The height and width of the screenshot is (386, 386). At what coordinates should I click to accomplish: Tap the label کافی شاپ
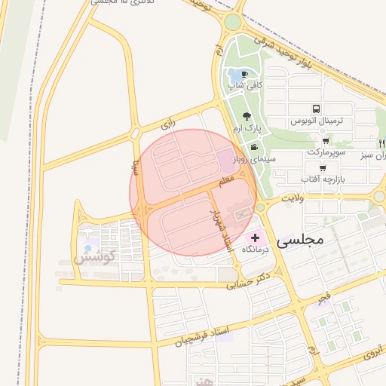(246, 85)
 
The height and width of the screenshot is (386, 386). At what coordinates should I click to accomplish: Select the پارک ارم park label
(247, 129)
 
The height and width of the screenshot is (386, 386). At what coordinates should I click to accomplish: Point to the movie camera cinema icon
(255, 146)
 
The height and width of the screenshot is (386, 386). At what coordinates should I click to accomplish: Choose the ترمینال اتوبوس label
(317, 121)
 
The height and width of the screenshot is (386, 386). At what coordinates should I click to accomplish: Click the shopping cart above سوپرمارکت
(325, 140)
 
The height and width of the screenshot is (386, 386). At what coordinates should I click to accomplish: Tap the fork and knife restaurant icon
(381, 143)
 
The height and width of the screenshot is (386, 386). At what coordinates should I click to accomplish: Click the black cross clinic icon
(255, 237)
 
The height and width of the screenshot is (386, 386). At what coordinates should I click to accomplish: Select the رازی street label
(168, 123)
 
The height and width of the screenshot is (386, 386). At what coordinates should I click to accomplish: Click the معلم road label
(226, 182)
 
